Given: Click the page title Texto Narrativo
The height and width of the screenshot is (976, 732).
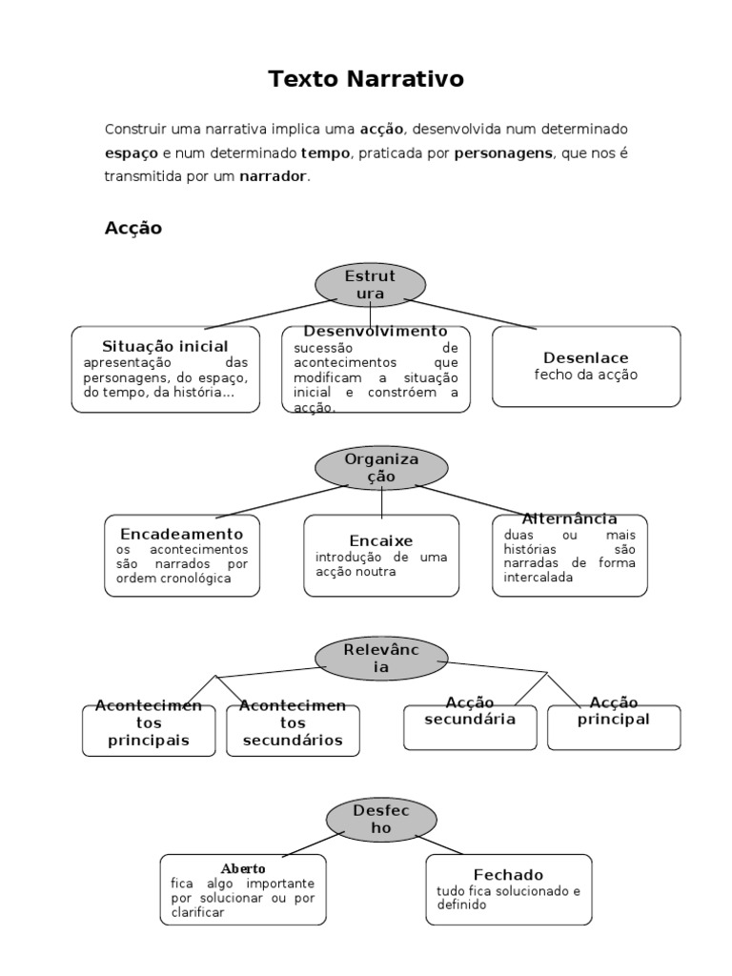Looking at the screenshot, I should coord(366,79).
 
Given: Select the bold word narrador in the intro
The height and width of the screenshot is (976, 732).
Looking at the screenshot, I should coord(274,176).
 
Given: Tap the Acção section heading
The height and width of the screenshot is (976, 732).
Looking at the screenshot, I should coord(132,228).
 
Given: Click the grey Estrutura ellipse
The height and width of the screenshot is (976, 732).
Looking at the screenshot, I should coord(370,285).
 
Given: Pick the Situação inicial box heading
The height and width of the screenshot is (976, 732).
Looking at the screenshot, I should coord(165,346).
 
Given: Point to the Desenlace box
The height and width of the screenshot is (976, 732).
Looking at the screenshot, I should coord(586,366).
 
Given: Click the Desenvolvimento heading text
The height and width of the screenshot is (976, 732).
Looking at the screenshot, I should coord(376,331).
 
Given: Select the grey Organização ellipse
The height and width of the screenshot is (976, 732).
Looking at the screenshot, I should coord(381,467).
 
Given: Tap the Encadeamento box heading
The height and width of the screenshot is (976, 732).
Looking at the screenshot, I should coord(181,534).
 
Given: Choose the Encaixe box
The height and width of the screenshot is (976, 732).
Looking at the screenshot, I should coord(381,556).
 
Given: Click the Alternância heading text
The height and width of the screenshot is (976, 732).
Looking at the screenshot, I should coord(570,518).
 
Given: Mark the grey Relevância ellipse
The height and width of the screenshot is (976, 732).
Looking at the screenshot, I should coord(381,659).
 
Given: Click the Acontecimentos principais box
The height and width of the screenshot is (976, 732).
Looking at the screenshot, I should coord(149,730).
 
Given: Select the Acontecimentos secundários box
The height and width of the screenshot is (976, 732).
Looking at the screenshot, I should coord(292,730).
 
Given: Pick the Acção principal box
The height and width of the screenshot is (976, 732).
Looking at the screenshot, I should coord(614,726).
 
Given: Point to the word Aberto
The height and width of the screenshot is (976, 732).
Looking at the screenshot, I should coord(243,869).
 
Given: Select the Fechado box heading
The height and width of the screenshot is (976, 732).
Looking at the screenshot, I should coord(508,874).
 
